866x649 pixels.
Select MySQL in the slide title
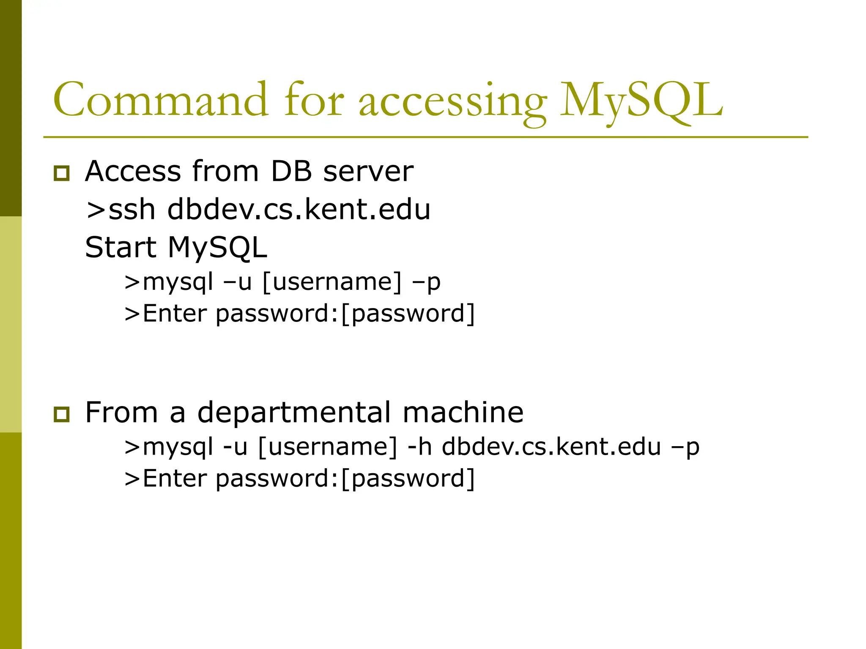click(x=641, y=101)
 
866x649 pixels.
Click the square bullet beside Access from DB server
click(x=62, y=173)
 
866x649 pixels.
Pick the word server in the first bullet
click(x=368, y=172)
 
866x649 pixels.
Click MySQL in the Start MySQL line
click(x=217, y=248)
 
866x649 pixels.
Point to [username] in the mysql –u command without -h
click(x=332, y=282)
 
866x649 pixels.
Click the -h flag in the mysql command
click(x=419, y=447)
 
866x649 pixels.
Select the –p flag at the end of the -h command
click(x=685, y=447)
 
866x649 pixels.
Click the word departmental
click(x=294, y=413)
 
